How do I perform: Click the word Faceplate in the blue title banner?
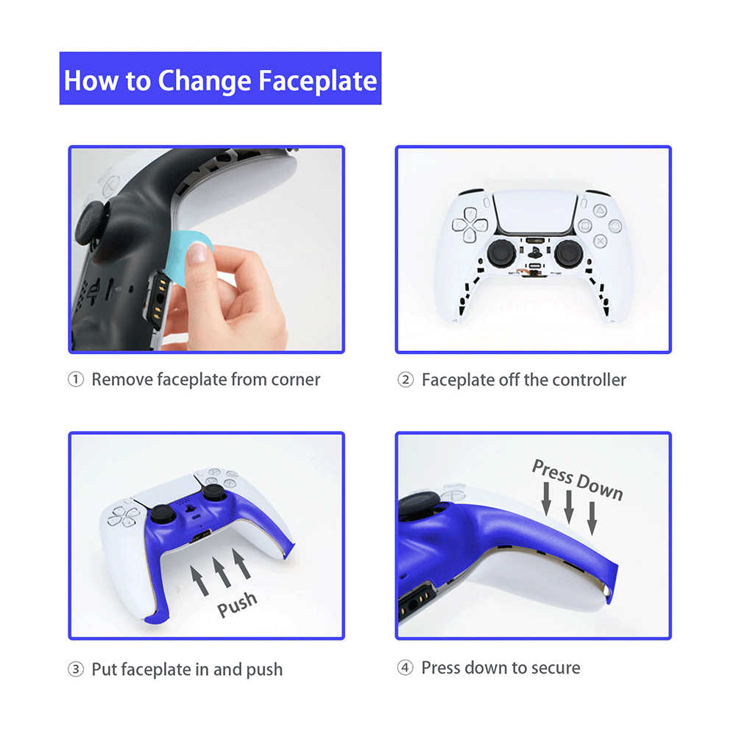[318, 81]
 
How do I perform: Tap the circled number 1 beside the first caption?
[76, 379]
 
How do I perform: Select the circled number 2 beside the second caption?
[406, 380]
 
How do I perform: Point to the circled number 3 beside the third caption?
[76, 669]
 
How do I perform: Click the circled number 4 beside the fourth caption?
[406, 668]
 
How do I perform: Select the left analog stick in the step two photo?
[501, 253]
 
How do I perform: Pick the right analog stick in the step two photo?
[568, 253]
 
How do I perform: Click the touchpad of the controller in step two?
[535, 212]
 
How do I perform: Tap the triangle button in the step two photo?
[599, 210]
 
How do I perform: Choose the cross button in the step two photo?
[600, 241]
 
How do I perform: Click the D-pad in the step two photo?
[470, 225]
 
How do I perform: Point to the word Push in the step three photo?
[237, 604]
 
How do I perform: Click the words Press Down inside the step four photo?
[577, 480]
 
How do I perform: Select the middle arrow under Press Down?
[569, 507]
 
